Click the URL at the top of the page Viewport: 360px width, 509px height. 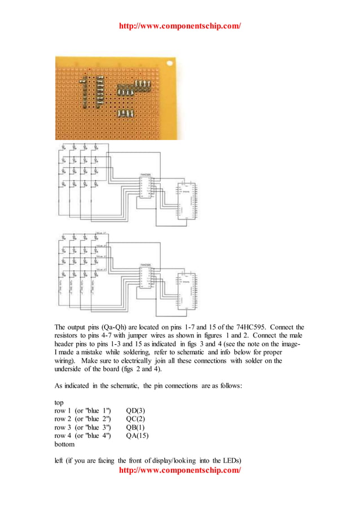180,26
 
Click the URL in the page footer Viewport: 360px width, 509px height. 180,469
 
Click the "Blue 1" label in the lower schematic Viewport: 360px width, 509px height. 102,233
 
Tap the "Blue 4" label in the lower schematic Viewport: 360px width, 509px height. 102,270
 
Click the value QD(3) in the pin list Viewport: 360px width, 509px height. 135,410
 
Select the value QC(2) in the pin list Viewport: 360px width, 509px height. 135,419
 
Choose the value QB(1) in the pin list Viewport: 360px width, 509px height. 135,427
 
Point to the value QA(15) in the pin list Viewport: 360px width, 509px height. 137,436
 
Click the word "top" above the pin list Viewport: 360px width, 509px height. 59,401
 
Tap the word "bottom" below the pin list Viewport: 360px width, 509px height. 64,445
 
